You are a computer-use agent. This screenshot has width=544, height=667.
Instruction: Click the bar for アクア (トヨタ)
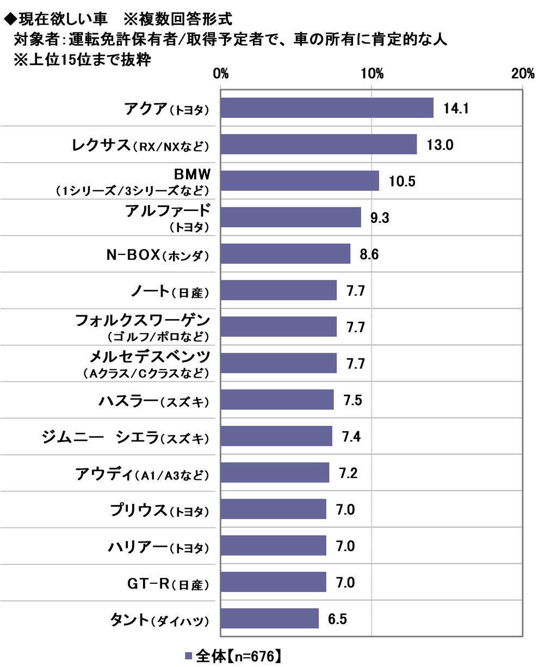[x=326, y=108]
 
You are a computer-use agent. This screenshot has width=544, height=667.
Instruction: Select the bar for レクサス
[x=318, y=144]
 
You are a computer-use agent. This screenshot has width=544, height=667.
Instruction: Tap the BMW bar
[x=299, y=180]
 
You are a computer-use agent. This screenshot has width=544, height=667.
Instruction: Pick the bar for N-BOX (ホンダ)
[x=285, y=253]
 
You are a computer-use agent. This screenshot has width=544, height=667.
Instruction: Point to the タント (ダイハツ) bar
[x=269, y=618]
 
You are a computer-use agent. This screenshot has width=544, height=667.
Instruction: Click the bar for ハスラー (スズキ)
[x=277, y=400]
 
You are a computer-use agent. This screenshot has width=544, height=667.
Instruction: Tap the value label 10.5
[x=402, y=181]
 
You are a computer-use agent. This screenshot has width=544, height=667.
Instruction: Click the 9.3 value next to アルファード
[x=379, y=217]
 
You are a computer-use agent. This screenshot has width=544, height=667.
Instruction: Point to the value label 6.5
[x=337, y=619]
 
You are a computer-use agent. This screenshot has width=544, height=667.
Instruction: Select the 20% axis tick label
[x=523, y=74]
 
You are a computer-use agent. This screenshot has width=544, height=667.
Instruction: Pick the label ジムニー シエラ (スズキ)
[x=125, y=437]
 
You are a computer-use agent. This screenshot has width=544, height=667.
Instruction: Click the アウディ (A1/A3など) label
[x=141, y=473]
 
